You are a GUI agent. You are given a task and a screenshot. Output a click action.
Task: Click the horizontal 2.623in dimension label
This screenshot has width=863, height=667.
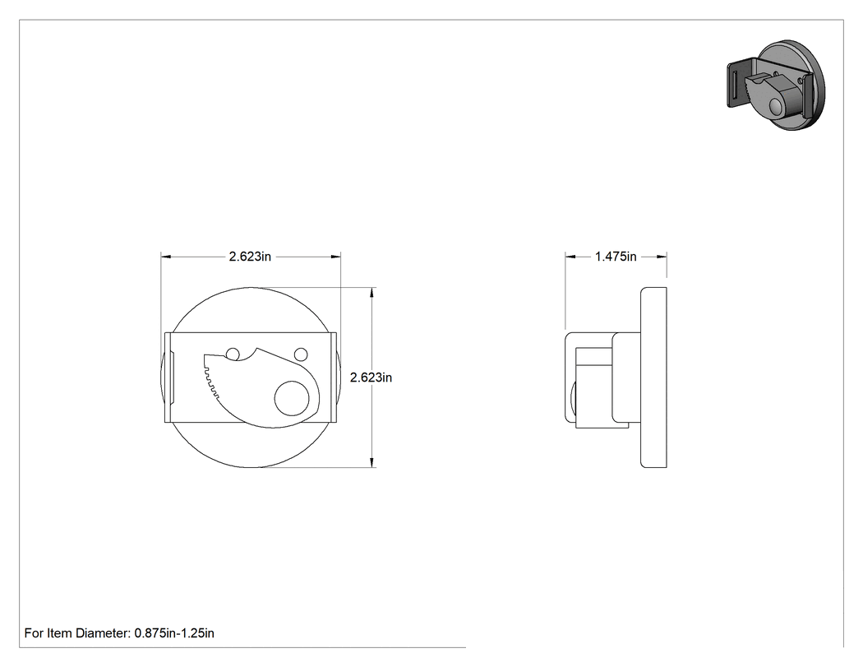coord(250,257)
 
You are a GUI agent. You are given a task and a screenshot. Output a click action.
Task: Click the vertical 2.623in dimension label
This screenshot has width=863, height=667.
coord(371,378)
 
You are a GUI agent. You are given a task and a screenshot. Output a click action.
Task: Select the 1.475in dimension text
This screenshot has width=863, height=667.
coord(616,257)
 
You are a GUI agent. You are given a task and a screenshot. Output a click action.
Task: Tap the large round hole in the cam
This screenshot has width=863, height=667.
coord(292,398)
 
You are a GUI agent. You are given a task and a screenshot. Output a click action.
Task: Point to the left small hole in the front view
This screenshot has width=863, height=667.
coord(233,354)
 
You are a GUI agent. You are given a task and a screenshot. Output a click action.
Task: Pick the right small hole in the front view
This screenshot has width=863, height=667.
coord(301,354)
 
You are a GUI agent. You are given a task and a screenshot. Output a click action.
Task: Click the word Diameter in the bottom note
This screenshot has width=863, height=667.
coord(102,633)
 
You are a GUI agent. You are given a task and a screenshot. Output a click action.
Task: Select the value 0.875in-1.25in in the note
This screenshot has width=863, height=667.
coord(174,633)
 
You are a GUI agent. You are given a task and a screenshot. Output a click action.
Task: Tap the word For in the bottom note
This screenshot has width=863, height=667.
coord(34,633)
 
